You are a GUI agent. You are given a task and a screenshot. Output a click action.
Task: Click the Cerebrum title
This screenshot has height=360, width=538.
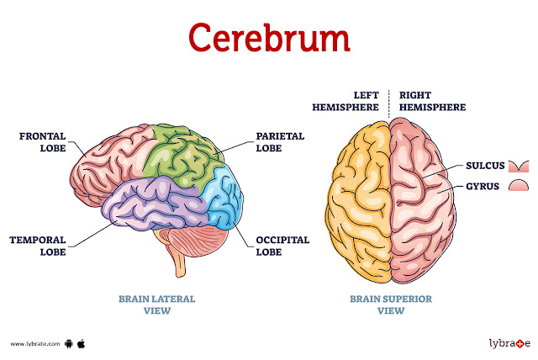coord(269,38)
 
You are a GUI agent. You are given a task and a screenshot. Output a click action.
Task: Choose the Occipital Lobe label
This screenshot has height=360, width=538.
coord(282,245)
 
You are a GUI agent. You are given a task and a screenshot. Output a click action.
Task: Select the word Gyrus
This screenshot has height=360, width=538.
coord(480,184)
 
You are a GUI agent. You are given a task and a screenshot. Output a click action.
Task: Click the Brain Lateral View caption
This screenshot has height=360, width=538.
coord(156,304)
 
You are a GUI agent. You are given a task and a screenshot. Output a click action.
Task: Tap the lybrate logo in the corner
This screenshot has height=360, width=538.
coord(509,343)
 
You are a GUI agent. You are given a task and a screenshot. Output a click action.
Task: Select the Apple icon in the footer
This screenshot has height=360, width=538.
coord(82,343)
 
